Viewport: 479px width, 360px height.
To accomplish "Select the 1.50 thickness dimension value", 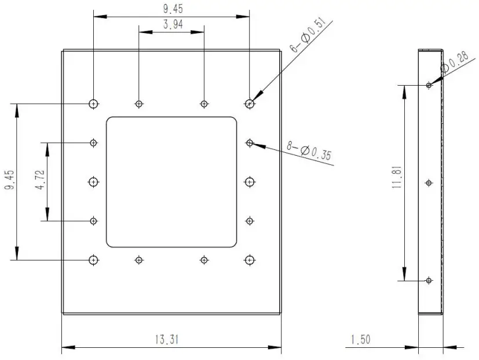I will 361,340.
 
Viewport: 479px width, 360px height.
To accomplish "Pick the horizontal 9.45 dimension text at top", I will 171,8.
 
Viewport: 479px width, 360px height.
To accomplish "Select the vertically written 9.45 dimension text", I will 8,182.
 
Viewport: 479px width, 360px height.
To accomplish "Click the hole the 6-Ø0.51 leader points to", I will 250,104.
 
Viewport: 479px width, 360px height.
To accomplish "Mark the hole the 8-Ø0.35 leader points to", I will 250,142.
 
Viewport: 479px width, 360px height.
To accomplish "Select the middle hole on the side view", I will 429,183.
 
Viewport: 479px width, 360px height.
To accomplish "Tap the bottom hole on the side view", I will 429,280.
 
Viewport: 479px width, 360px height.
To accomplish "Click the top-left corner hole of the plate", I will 93,104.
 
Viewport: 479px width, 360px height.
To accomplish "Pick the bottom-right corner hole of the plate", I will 250,260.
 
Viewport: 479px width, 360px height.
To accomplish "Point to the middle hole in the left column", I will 93,182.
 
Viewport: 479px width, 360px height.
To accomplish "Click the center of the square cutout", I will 171,182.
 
